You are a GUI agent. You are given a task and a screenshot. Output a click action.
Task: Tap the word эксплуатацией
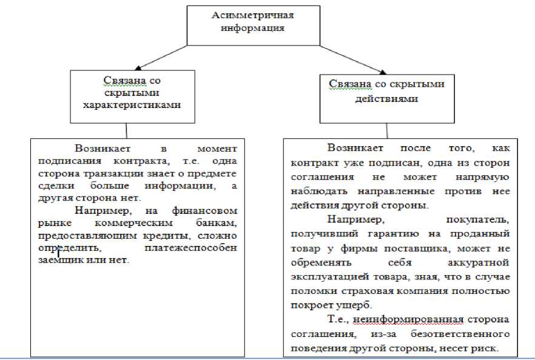[x=328, y=276]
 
